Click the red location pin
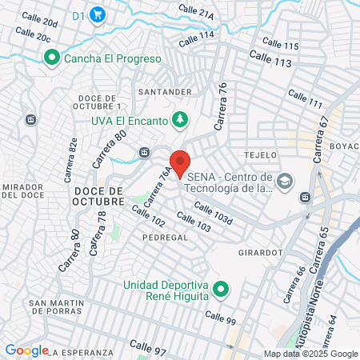coord(180,162)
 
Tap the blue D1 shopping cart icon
coord(98,14)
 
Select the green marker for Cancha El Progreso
coord(52,58)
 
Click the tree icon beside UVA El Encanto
coord(180,120)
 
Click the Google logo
coord(26,350)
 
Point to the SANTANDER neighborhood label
coord(164,92)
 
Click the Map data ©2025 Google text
coord(310,354)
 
